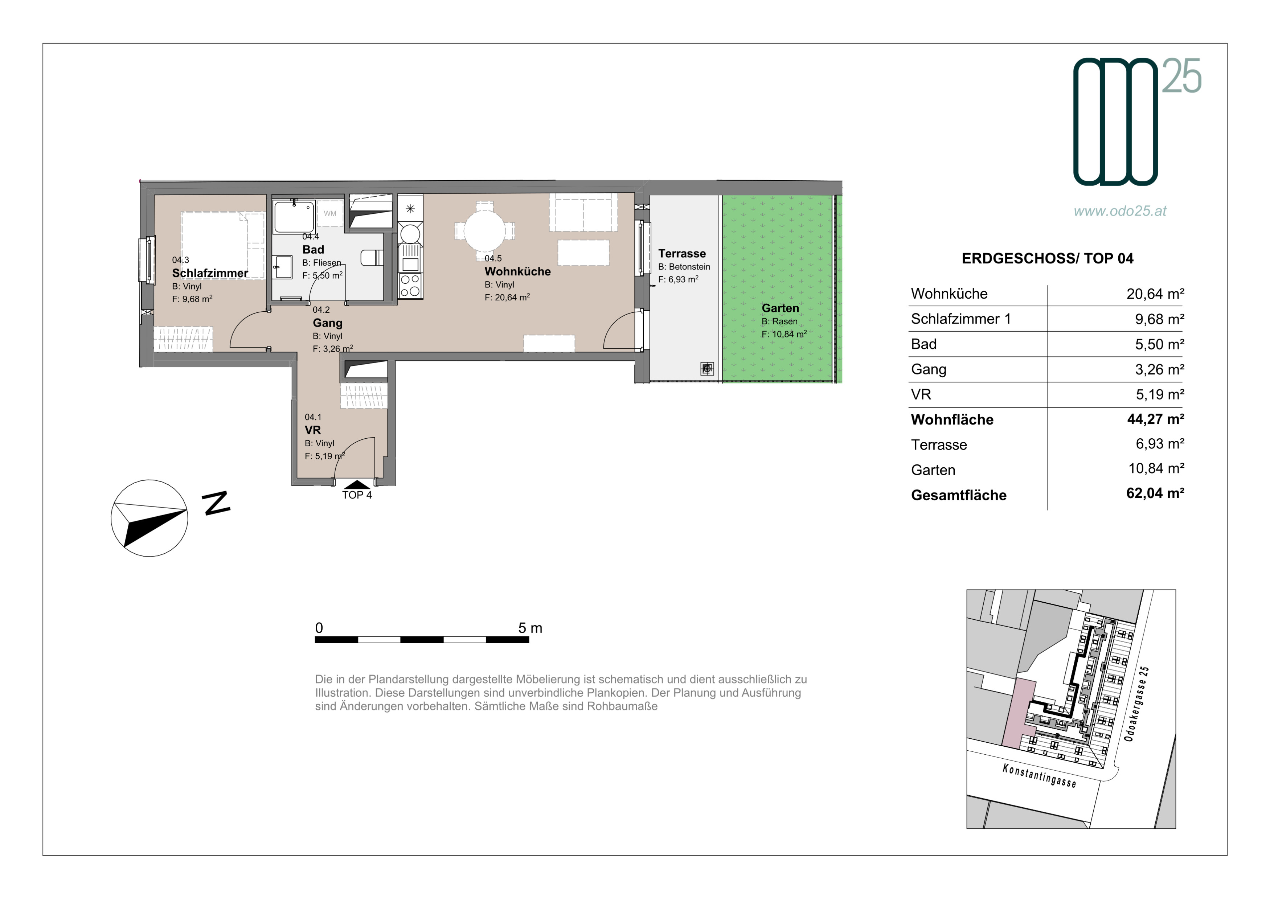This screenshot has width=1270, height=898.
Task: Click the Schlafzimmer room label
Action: [210, 273]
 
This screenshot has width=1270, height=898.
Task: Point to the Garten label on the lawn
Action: [780, 308]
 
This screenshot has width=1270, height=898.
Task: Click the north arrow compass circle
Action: [149, 518]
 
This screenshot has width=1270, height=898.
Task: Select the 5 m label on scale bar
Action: [530, 628]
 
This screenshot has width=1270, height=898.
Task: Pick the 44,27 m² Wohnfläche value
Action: [1155, 419]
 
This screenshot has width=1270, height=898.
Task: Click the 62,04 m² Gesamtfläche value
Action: [1155, 493]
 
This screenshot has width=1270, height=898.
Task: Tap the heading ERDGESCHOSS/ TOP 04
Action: [1047, 258]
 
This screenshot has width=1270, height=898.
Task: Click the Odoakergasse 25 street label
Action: [1137, 704]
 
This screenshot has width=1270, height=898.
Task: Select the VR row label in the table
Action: [921, 395]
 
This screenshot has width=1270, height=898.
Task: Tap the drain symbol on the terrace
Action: [707, 368]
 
